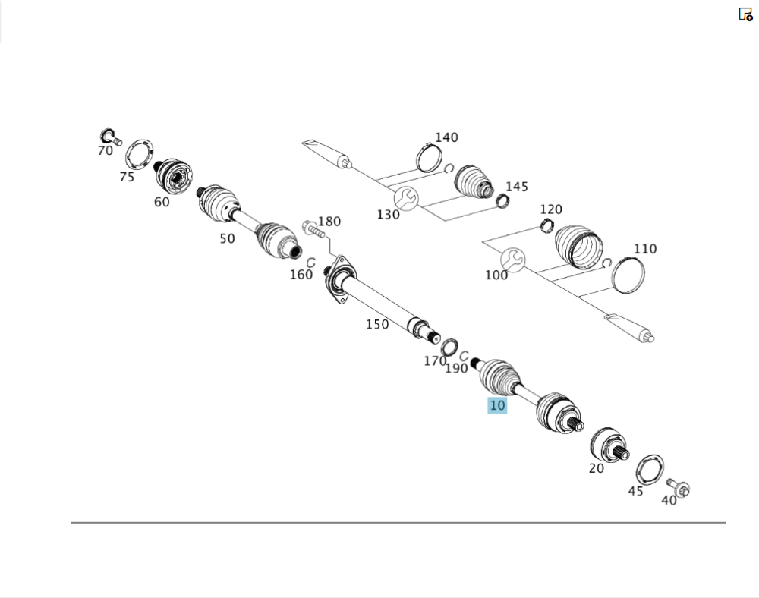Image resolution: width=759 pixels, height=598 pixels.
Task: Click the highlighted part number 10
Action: (x=497, y=405)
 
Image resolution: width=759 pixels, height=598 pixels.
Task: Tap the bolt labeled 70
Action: (x=110, y=137)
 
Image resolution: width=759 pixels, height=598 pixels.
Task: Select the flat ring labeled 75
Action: (x=140, y=155)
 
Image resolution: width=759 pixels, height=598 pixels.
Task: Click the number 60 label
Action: (x=162, y=202)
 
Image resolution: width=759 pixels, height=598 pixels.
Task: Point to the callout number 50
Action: (x=227, y=238)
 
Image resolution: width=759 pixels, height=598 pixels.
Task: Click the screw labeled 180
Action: (x=313, y=229)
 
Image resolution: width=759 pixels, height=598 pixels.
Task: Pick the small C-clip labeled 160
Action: (x=310, y=263)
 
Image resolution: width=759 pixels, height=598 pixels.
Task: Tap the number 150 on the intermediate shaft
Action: (x=377, y=324)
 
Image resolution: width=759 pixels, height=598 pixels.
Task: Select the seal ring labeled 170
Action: (x=449, y=346)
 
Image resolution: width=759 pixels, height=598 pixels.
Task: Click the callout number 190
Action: (x=456, y=369)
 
